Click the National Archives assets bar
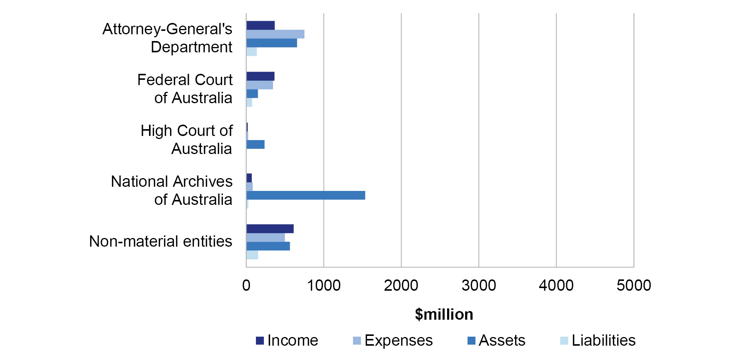point(306,195)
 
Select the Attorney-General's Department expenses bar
point(275,34)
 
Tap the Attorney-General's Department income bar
point(260,25)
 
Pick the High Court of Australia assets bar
point(256,144)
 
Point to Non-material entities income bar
point(270,229)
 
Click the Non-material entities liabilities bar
point(252,255)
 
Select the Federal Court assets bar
point(252,93)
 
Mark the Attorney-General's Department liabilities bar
point(251,52)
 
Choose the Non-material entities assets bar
point(268,246)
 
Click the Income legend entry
point(287,340)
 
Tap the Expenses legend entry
point(393,340)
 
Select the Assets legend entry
point(496,340)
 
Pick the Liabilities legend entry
point(598,340)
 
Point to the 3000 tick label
point(479,285)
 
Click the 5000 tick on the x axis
point(634,285)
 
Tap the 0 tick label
point(247,285)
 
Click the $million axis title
point(444,314)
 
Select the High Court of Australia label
point(187,140)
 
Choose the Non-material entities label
point(161,241)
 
